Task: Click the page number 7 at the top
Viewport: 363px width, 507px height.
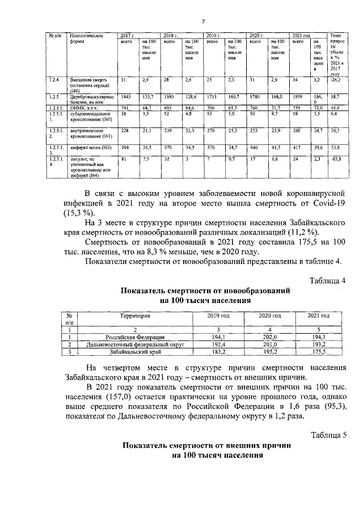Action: (x=202, y=22)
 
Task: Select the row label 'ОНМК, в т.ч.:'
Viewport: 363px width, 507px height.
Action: (x=85, y=107)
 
